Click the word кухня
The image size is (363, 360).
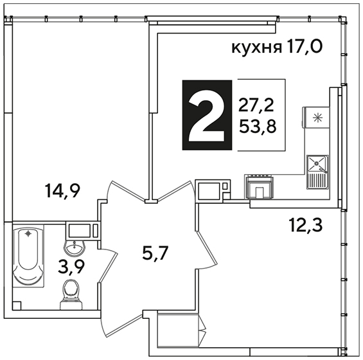coord(257,48)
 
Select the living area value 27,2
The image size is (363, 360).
coord(256,105)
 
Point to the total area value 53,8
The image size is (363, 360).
coord(258,127)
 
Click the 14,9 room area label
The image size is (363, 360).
coord(63,191)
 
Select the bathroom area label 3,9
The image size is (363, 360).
coord(71,267)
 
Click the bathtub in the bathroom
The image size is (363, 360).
coord(28,256)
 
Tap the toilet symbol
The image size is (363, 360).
coord(71,294)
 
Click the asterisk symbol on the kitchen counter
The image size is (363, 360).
coord(317,118)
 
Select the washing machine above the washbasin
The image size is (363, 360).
coord(83,231)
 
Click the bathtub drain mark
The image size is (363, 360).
coord(28,234)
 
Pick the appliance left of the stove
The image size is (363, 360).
coord(213,189)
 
